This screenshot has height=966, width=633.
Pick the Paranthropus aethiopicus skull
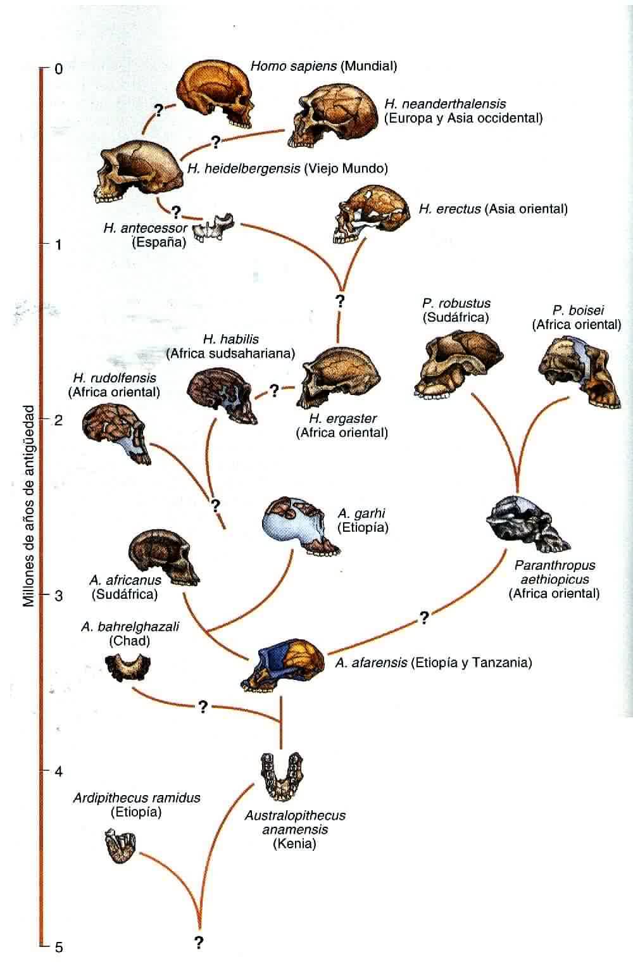527,523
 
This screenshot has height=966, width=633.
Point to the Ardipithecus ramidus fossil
121,846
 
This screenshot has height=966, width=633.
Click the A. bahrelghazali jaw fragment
127,664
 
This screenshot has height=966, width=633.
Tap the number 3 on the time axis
58,596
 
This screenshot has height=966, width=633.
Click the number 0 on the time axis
58,68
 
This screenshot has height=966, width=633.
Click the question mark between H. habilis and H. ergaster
274,391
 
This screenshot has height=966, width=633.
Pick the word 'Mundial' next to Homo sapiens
368,66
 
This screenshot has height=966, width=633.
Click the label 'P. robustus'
456,303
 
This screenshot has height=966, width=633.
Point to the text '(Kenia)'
294,843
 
